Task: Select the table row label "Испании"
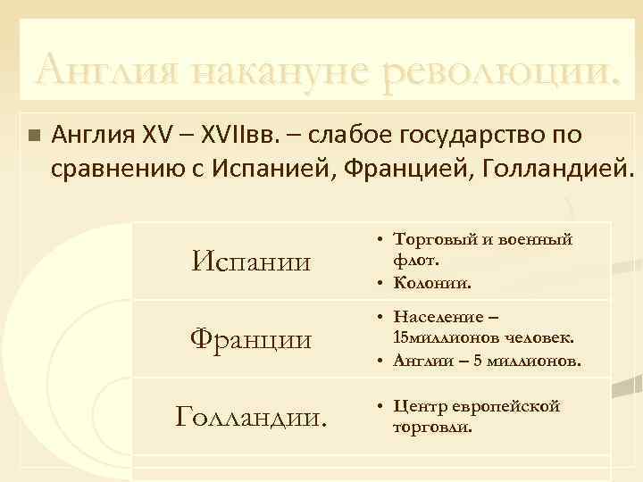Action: coord(253,262)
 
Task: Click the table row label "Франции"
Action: coord(253,340)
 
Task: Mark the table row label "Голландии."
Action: coord(253,415)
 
